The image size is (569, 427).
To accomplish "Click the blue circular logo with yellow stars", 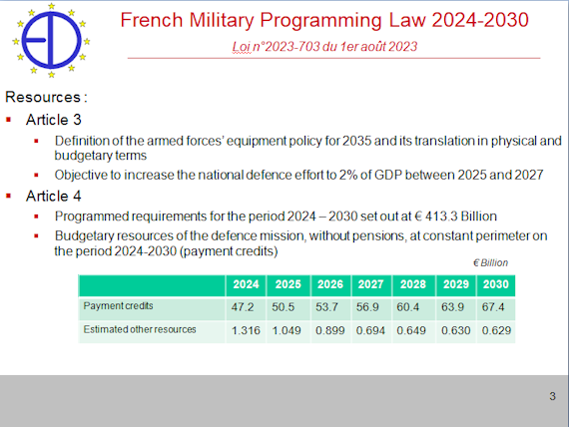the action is click(x=51, y=40).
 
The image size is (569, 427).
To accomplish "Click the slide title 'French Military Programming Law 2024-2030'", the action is click(x=324, y=20).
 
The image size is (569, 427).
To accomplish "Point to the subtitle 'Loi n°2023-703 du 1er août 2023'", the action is click(x=324, y=47).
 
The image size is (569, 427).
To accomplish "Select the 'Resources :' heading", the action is click(x=46, y=97).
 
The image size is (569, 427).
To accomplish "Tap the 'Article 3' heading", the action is click(x=53, y=120).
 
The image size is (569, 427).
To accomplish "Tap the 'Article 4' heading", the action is click(x=53, y=196).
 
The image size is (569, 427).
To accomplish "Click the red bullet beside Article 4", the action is click(x=9, y=196).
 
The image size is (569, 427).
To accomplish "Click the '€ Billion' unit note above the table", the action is click(x=490, y=262).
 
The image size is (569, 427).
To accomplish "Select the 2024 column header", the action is click(x=246, y=284).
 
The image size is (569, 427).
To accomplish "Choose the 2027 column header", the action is click(x=371, y=284).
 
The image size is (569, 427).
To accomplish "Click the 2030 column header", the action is click(x=496, y=284).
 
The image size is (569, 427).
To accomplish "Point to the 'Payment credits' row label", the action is click(x=119, y=306).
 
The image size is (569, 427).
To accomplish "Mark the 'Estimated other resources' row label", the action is click(x=140, y=329).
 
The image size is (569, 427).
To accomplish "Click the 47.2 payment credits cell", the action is click(x=243, y=307).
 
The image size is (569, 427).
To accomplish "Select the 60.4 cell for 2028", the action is click(x=407, y=307).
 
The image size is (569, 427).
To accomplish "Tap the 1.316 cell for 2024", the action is click(x=246, y=330).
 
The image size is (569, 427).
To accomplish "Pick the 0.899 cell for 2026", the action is click(x=329, y=330).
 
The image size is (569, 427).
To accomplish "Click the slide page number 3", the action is click(x=552, y=396).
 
